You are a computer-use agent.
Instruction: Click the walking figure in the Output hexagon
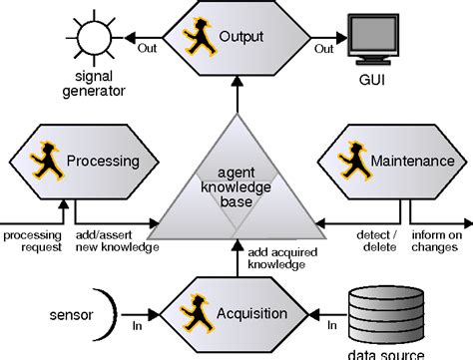click(x=193, y=37)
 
